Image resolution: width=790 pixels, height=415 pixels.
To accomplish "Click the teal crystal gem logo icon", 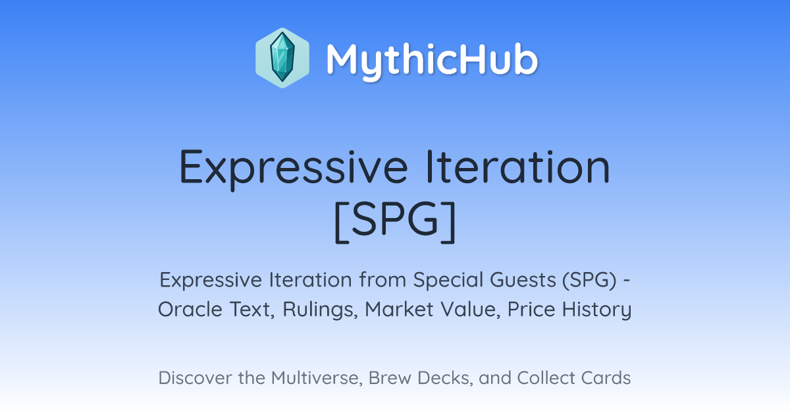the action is pyautogui.click(x=282, y=57).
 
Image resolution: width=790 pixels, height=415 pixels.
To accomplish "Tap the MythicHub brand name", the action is pyautogui.click(x=432, y=61).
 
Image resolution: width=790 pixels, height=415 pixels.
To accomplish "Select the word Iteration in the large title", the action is pyautogui.click(x=517, y=167).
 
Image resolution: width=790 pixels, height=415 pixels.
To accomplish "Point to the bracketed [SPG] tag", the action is pyautogui.click(x=395, y=221).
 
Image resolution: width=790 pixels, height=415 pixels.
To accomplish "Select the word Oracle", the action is pyautogui.click(x=190, y=310).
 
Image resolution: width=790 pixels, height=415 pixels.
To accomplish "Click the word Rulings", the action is pyautogui.click(x=320, y=310).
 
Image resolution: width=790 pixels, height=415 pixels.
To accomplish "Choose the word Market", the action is pyautogui.click(x=399, y=310).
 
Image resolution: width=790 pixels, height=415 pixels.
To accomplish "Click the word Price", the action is pyautogui.click(x=531, y=310).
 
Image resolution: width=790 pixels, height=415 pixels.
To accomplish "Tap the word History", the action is pyautogui.click(x=596, y=310).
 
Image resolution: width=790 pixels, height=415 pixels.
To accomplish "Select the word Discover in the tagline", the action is pyautogui.click(x=195, y=378).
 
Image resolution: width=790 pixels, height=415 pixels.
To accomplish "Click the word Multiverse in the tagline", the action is pyautogui.click(x=317, y=378).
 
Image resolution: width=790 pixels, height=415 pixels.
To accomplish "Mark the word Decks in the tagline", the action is pyautogui.click(x=445, y=378).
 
